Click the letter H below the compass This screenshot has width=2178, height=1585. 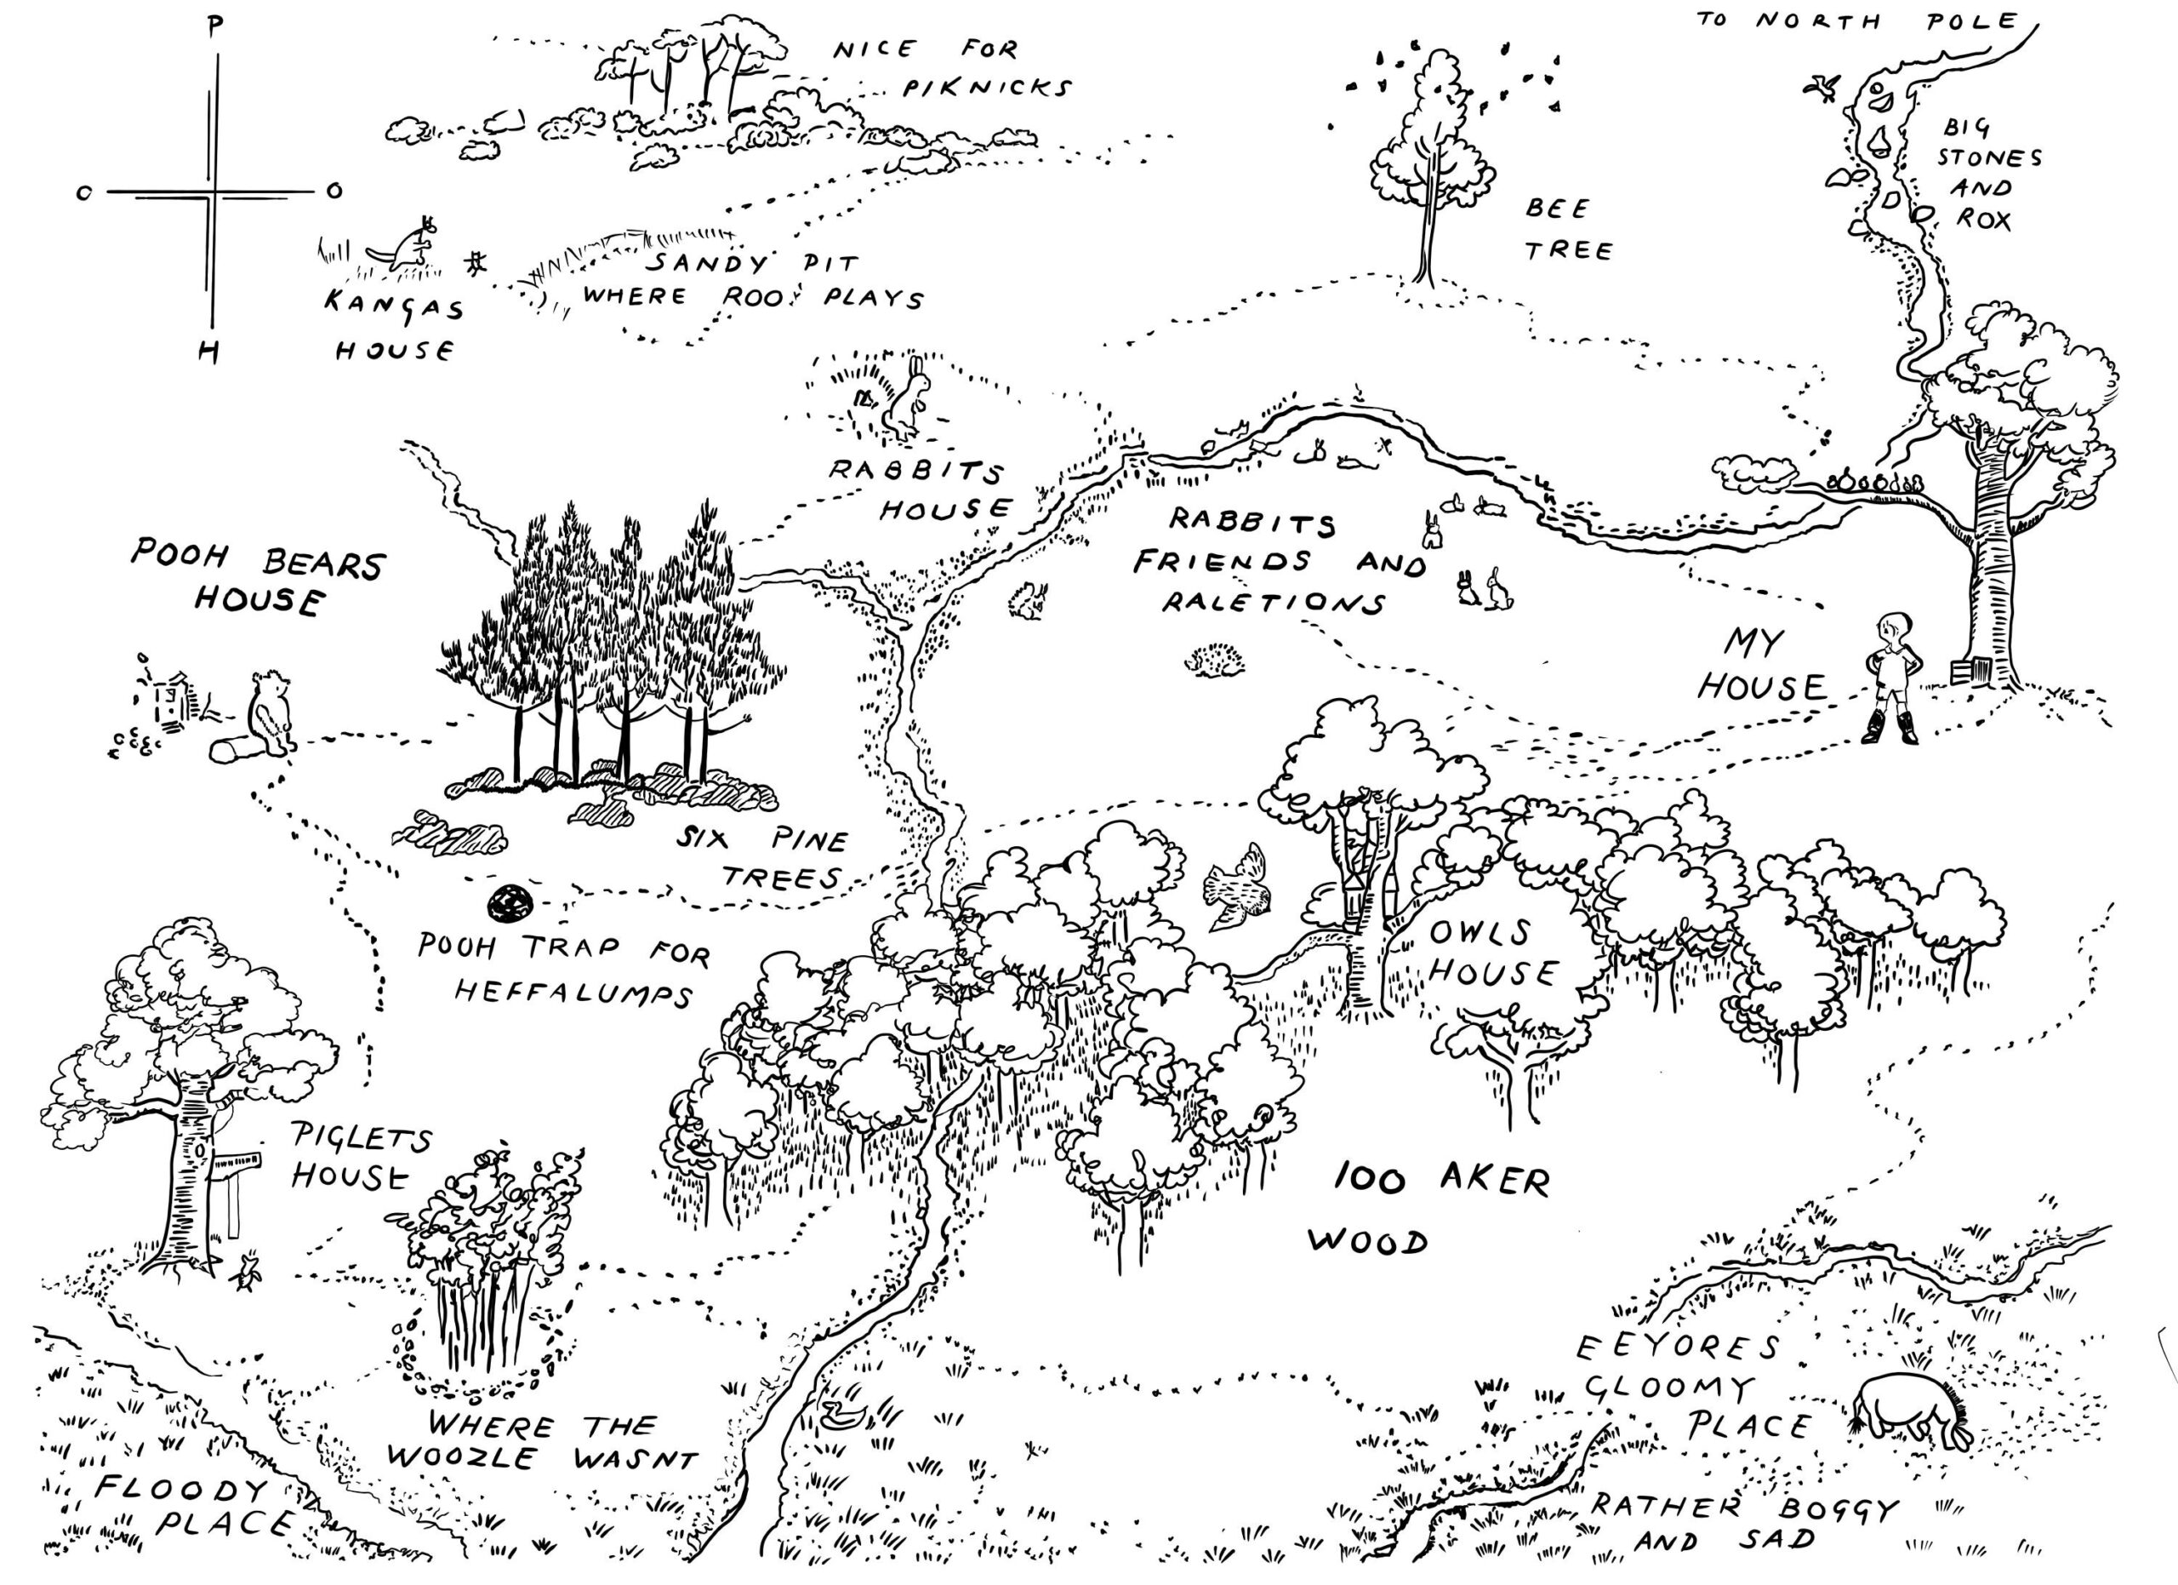tap(208, 352)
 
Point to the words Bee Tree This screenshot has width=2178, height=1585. tap(1567, 230)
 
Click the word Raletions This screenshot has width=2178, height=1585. tap(1274, 601)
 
